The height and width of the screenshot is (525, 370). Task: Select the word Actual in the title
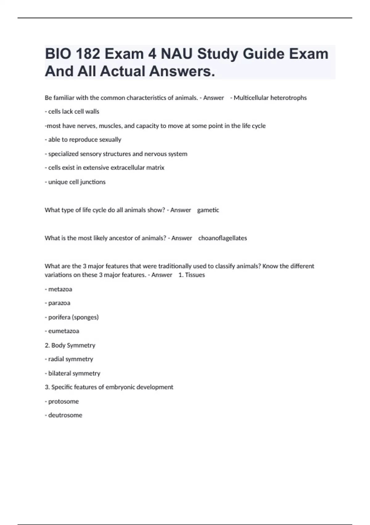122,71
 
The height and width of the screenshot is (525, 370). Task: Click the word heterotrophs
288,98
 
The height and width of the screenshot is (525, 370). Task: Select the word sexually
111,140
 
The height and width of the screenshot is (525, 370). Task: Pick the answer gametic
208,210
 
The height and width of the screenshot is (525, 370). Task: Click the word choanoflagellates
222,238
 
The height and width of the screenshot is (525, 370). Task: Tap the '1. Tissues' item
191,275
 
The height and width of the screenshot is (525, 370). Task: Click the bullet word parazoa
59,303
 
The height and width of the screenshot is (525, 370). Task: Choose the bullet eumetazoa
64,331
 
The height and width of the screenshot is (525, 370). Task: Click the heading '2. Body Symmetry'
70,345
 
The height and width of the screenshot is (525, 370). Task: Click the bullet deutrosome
65,415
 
